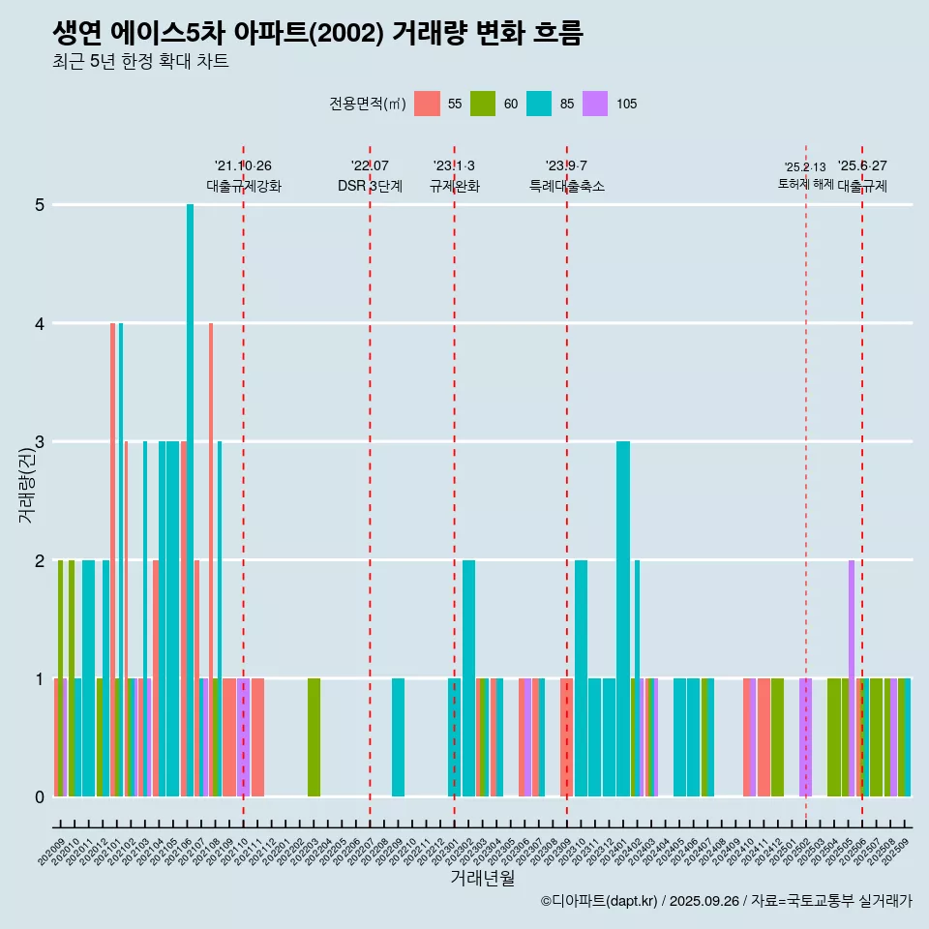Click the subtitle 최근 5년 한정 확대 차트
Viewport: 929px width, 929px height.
point(140,62)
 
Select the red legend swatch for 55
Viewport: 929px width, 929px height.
point(427,104)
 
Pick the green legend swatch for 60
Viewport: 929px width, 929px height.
point(483,104)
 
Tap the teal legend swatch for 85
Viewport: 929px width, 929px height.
point(539,104)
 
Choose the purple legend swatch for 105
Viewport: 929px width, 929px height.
point(595,104)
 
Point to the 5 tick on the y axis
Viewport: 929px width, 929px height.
point(40,205)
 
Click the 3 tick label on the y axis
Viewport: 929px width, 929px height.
point(40,442)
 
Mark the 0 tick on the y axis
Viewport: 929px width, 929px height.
point(40,797)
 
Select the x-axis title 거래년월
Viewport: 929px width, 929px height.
point(482,878)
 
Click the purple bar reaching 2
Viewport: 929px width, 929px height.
point(852,677)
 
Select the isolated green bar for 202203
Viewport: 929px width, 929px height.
point(314,737)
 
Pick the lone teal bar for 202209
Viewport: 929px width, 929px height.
point(398,737)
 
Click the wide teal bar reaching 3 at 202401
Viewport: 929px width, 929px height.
point(623,619)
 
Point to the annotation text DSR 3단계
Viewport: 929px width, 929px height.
point(370,187)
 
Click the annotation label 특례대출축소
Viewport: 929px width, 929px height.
point(567,187)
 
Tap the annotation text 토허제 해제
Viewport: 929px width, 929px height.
point(805,184)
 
